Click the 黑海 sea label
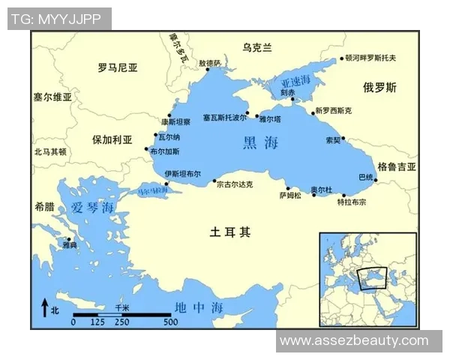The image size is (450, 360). (260, 142)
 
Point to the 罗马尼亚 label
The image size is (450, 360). (118, 67)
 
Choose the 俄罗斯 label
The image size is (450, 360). (379, 88)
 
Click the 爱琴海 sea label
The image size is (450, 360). (94, 208)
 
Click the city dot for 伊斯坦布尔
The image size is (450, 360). (166, 183)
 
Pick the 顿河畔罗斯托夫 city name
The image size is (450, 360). (370, 58)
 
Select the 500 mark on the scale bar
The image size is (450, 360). (170, 322)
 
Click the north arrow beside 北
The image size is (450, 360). (43, 309)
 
